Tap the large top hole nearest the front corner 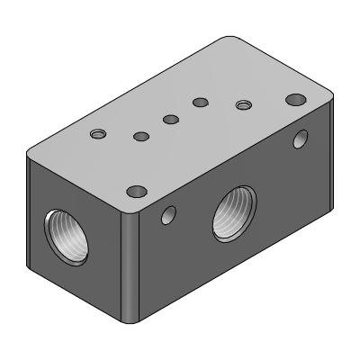tap(137, 191)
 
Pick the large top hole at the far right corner tap(294, 99)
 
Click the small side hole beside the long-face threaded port tap(167, 214)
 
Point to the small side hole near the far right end tap(301, 139)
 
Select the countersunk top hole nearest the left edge tap(98, 134)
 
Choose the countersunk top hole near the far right tap(242, 105)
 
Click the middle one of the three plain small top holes tap(169, 119)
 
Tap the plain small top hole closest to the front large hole tap(140, 137)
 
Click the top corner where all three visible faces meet tap(131, 205)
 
